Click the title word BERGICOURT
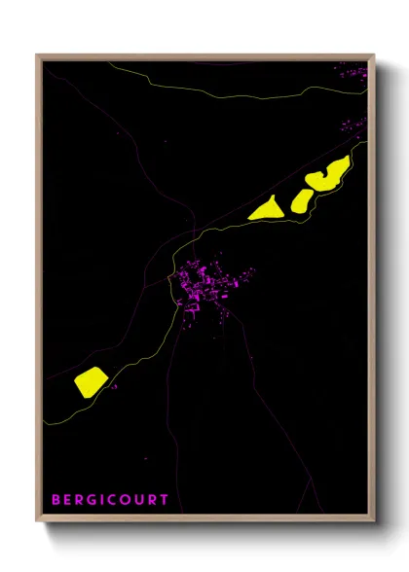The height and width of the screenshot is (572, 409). click(x=110, y=499)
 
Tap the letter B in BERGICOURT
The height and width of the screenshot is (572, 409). click(x=56, y=499)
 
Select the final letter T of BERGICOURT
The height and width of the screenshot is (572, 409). click(x=165, y=499)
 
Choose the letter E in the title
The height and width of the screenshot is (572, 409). click(x=68, y=499)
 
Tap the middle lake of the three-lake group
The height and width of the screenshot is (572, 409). click(x=301, y=200)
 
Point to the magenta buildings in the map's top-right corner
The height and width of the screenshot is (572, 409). click(x=352, y=70)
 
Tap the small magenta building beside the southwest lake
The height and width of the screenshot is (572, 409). click(x=114, y=388)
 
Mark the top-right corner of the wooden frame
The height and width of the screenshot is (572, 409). click(x=374, y=55)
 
